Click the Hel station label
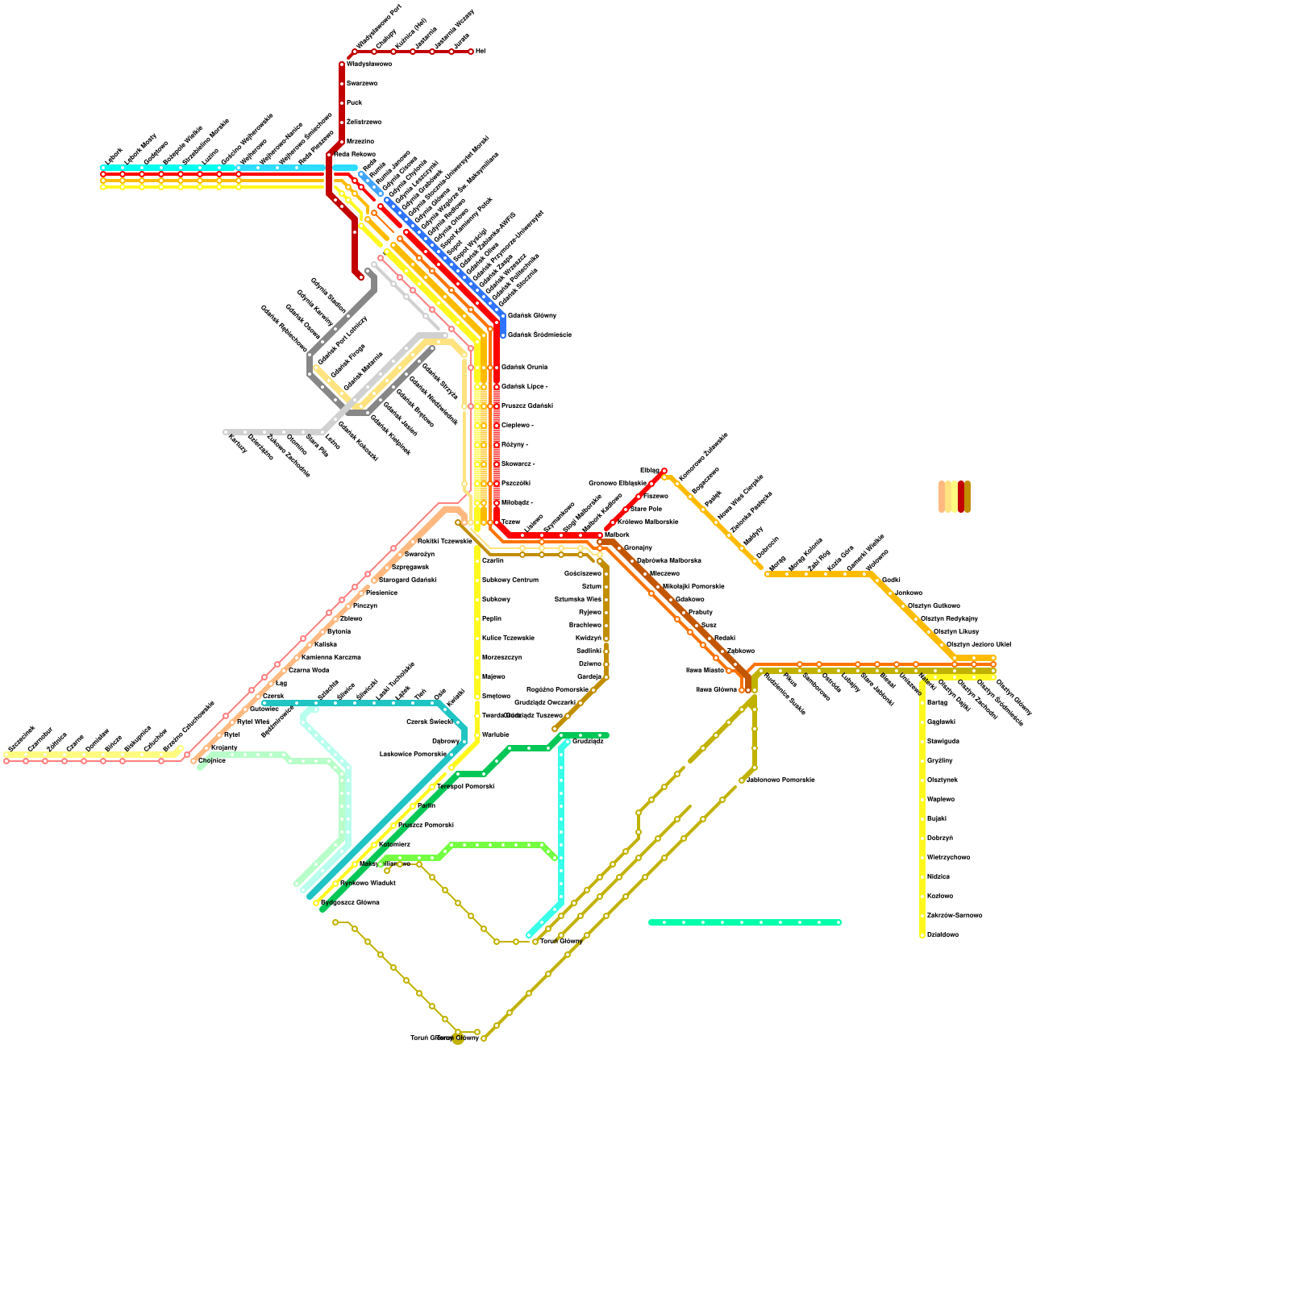point(481,51)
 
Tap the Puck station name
point(354,102)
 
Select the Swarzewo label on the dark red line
point(362,83)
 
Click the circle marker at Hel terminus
point(471,52)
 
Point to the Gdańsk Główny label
point(532,315)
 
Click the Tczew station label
point(511,522)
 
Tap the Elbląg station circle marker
point(664,471)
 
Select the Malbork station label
point(617,535)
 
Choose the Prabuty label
point(701,612)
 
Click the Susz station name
point(709,625)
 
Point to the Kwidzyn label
point(589,638)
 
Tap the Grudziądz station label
point(588,741)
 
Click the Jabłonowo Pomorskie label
point(780,780)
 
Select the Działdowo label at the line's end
point(943,934)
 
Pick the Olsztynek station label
point(942,780)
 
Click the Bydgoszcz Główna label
point(350,902)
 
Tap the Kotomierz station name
point(394,844)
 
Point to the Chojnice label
point(212,760)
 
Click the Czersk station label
point(273,696)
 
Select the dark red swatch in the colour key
point(961,497)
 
